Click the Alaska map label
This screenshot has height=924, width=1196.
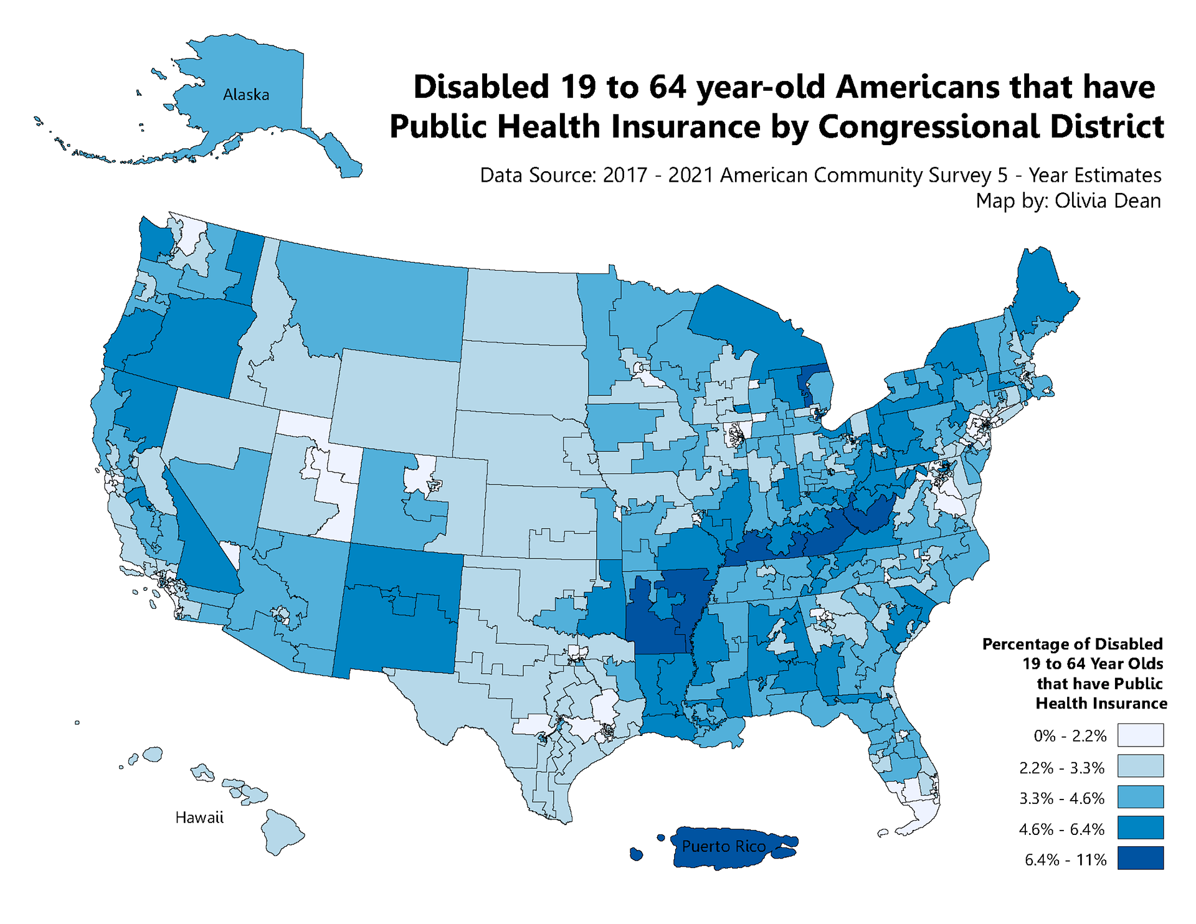[x=246, y=95]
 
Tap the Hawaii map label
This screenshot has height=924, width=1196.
[x=199, y=818]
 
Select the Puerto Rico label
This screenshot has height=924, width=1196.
[x=723, y=846]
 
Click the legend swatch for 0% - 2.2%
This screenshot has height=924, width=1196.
[x=1140, y=735]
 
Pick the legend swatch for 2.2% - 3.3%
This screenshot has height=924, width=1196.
[x=1140, y=766]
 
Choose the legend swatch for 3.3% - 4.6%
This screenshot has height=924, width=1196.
[x=1140, y=797]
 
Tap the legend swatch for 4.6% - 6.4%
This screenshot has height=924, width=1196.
[x=1140, y=828]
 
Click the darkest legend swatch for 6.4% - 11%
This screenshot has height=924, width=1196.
[x=1140, y=858]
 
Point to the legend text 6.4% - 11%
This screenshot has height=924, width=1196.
[x=1065, y=860]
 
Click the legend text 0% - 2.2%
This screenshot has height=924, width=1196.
[x=1070, y=736]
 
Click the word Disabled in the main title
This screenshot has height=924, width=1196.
[x=481, y=87]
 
